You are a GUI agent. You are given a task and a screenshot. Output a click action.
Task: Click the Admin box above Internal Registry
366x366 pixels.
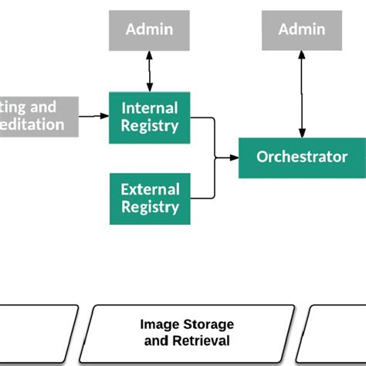tap(149, 30)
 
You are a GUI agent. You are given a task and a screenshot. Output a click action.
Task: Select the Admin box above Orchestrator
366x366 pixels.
tap(302, 30)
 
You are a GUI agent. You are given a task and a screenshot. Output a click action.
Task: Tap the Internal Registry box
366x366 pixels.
tap(149, 117)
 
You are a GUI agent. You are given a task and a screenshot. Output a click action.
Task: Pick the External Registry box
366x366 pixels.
tap(149, 198)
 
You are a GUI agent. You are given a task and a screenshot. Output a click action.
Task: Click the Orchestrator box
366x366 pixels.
tap(302, 158)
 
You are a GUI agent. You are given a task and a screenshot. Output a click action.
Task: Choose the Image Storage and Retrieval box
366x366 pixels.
tap(187, 332)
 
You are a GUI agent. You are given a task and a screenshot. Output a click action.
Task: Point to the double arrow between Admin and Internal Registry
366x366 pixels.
tap(149, 72)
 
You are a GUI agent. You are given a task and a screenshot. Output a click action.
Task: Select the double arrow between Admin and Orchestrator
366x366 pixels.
tap(302, 93)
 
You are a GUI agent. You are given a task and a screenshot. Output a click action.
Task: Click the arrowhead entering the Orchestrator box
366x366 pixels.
tap(235, 158)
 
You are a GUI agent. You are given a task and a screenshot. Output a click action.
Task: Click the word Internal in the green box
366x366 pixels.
tap(150, 108)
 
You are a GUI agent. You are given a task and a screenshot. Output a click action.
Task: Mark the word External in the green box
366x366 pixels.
tap(150, 189)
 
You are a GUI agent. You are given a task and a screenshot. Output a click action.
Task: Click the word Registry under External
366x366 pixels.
tap(150, 207)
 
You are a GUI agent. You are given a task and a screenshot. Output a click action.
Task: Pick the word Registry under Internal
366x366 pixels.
tap(150, 126)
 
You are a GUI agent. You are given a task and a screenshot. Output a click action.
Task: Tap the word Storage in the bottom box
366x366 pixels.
tap(208, 324)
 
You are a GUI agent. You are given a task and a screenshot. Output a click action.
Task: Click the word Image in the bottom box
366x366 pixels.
tap(158, 324)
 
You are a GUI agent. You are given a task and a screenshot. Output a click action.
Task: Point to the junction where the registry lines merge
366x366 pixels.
tap(215, 158)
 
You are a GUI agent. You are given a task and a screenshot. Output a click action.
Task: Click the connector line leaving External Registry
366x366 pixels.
tap(202, 198)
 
